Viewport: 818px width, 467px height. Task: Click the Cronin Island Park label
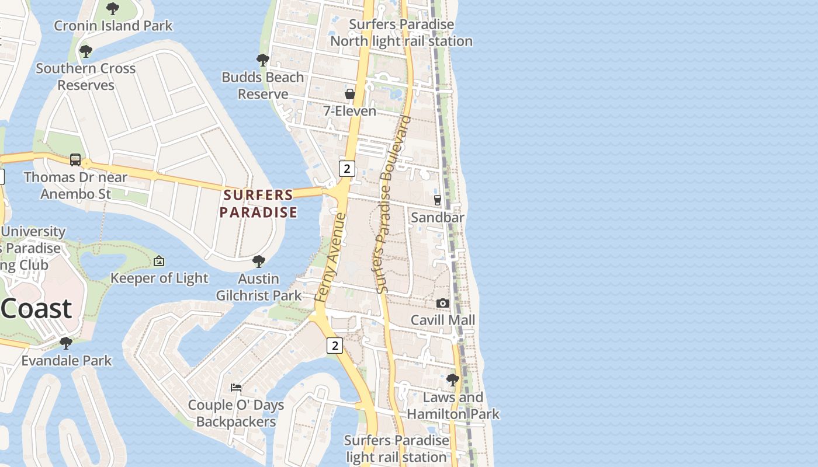click(x=113, y=26)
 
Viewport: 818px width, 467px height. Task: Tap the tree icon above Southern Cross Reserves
click(x=86, y=51)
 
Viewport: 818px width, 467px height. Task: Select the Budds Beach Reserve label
click(x=262, y=85)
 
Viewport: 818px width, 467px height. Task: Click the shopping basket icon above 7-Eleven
click(x=350, y=94)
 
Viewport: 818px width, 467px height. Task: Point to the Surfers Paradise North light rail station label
click(x=401, y=33)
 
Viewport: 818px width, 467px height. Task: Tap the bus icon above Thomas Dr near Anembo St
click(x=75, y=160)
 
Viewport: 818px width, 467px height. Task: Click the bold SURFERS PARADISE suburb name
click(x=258, y=203)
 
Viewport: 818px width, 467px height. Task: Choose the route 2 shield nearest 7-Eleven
click(x=347, y=169)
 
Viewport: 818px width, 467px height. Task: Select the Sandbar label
click(x=438, y=217)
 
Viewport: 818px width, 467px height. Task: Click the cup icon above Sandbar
click(x=437, y=200)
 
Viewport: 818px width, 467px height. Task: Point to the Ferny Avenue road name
click(x=331, y=257)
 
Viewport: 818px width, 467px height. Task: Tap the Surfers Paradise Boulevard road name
click(x=393, y=204)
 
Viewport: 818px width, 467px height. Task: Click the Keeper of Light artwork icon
click(x=158, y=261)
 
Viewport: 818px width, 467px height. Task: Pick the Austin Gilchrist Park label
click(x=259, y=287)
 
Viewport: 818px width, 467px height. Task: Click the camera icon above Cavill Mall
click(x=443, y=303)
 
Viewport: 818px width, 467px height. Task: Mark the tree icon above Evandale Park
click(x=66, y=343)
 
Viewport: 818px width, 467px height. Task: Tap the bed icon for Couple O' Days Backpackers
click(x=236, y=388)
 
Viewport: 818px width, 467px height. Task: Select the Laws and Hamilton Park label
click(x=453, y=406)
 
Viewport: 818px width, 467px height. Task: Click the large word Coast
click(x=36, y=308)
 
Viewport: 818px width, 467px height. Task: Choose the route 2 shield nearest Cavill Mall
click(x=334, y=346)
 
